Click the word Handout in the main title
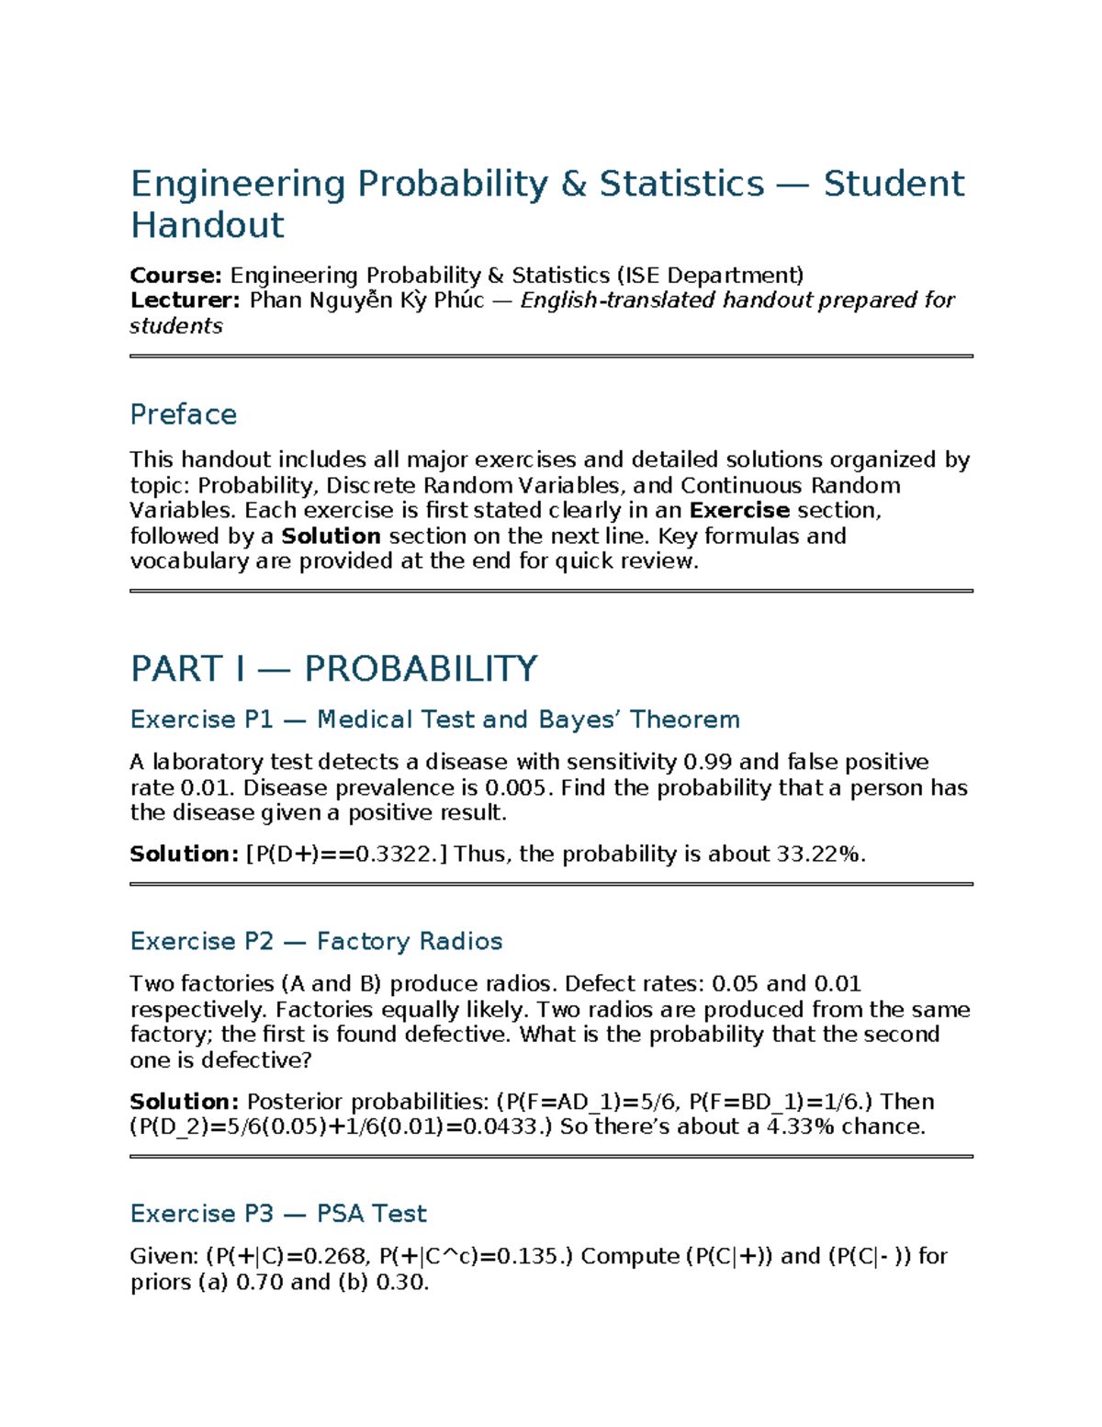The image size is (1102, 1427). (208, 225)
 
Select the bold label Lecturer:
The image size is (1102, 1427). (185, 300)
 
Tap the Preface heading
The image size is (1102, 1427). (184, 414)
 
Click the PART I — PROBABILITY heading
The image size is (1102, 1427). (333, 669)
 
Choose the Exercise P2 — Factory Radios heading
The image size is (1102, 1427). (316, 942)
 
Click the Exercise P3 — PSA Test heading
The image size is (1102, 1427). (278, 1214)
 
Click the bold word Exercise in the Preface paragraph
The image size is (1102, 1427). (739, 511)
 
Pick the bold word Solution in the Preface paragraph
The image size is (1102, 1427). (331, 537)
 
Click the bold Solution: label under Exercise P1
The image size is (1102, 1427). (184, 855)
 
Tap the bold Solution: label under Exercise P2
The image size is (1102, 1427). (184, 1102)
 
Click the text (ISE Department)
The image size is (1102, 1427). (710, 276)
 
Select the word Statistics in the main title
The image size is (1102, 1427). (681, 184)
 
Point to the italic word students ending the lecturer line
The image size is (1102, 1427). (176, 326)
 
